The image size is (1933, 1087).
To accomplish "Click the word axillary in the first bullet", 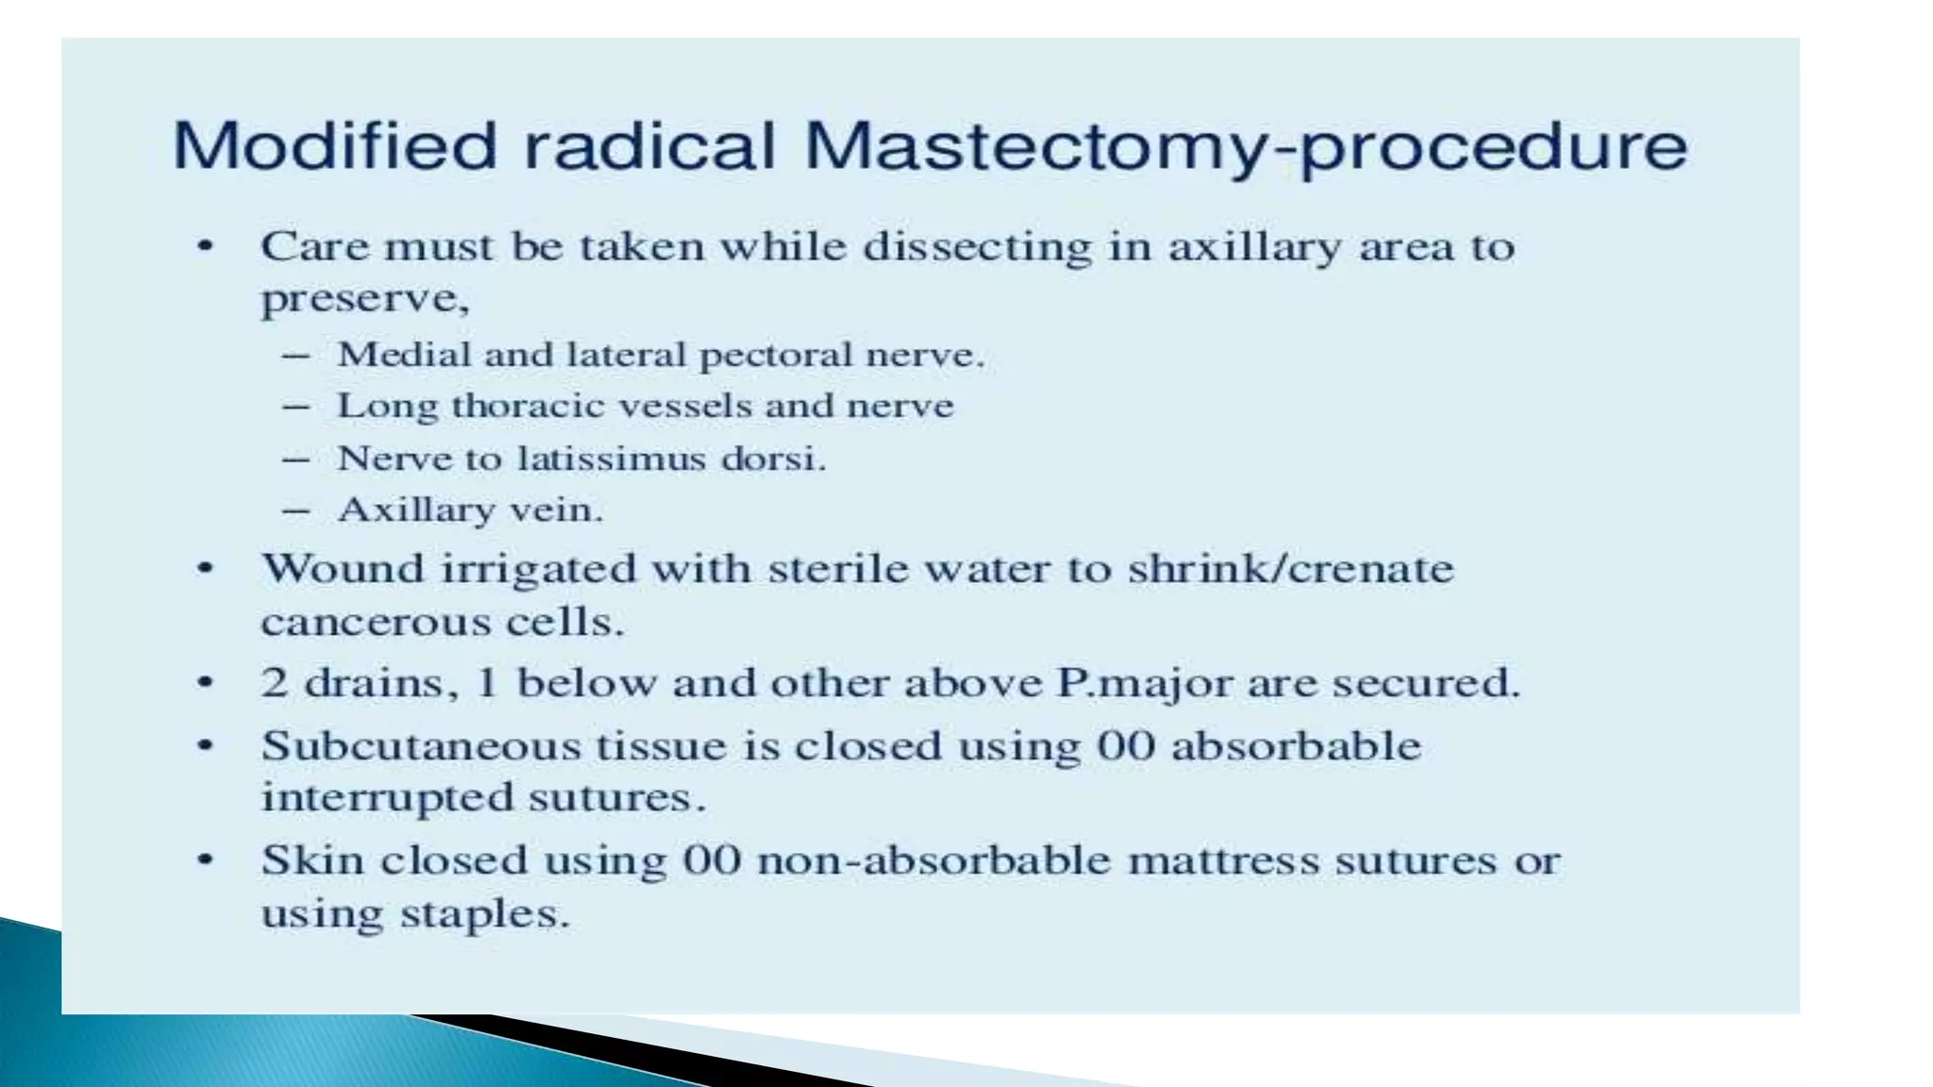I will [x=1254, y=248].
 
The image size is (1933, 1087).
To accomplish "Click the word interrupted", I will [x=386, y=798].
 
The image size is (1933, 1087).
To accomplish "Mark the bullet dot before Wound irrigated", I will [x=205, y=569].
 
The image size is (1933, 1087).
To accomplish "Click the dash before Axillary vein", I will [x=296, y=510].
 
